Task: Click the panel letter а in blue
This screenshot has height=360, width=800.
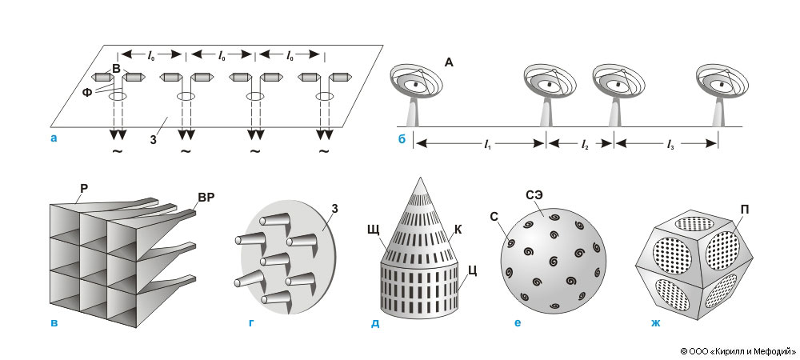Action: click(53, 138)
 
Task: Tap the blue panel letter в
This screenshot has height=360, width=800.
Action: click(53, 325)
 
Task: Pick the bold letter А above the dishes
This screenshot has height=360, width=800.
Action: click(450, 67)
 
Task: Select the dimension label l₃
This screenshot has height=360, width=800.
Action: click(667, 144)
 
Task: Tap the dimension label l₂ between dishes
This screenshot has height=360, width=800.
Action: click(584, 144)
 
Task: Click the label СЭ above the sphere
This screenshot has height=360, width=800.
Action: click(534, 194)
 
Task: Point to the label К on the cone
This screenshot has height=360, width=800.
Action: click(458, 228)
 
